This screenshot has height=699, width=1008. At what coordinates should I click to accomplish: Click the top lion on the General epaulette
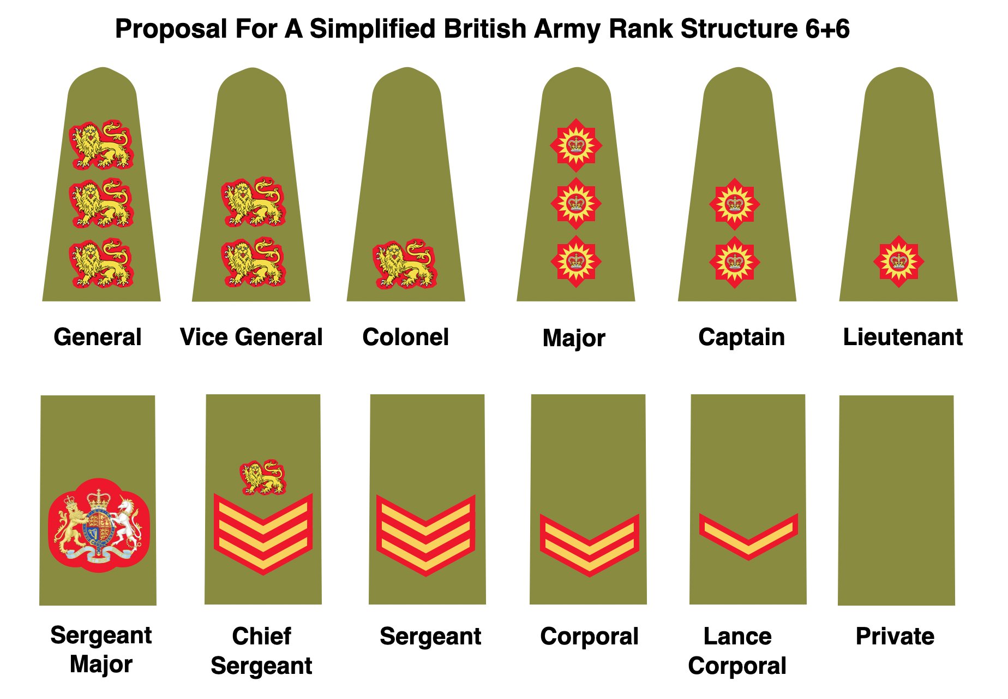coord(101,145)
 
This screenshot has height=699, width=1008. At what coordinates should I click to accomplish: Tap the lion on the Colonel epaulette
coord(405,264)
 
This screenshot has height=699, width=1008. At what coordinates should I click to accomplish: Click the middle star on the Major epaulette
coord(576,204)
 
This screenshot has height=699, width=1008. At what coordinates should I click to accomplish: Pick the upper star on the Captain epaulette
coord(735,204)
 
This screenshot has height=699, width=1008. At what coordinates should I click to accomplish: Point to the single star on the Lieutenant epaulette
coord(898,262)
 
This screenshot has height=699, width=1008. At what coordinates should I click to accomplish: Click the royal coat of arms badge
coord(99,525)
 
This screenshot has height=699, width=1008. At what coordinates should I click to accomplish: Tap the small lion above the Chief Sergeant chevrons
coord(263,477)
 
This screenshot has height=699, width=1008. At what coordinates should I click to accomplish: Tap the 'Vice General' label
coord(251,337)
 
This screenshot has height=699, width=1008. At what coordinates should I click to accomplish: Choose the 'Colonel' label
coord(405,337)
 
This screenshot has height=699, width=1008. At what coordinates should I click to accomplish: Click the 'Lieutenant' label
coord(903,337)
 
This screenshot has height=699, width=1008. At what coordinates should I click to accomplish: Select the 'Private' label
coord(895,636)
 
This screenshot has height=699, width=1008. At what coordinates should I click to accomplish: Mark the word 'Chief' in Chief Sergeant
coord(262,636)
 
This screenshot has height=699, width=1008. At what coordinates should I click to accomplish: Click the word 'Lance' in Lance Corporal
coord(737,636)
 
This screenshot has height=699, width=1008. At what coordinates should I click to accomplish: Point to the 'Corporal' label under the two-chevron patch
coord(589,636)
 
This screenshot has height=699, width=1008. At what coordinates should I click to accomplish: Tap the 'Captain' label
coord(741,337)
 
